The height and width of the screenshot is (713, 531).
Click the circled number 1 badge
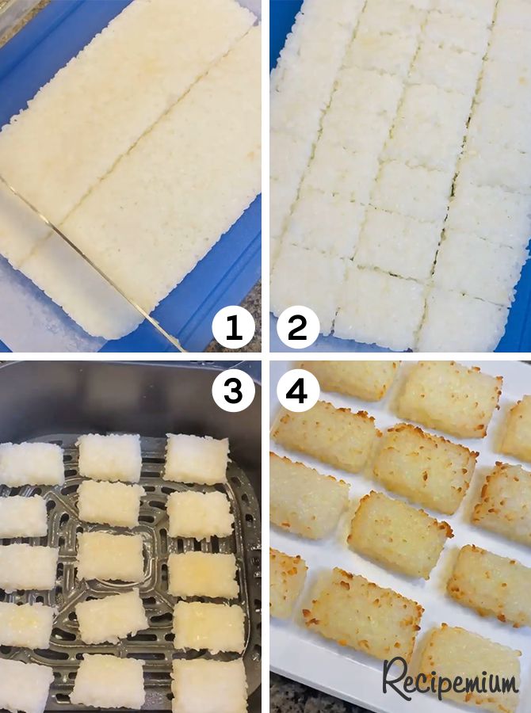[x=234, y=327]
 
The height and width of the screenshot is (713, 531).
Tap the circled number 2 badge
[x=297, y=327]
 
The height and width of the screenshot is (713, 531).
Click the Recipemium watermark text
[x=451, y=680]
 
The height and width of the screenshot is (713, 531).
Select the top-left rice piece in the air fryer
[x=32, y=464]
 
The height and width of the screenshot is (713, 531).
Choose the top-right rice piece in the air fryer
[x=196, y=458]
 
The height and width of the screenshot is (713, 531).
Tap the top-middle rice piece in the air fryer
[x=109, y=457]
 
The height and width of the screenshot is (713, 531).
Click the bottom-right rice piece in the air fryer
[x=208, y=683]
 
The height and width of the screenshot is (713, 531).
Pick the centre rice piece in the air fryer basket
[x=111, y=555]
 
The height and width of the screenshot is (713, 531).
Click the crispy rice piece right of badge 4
[x=448, y=398]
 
